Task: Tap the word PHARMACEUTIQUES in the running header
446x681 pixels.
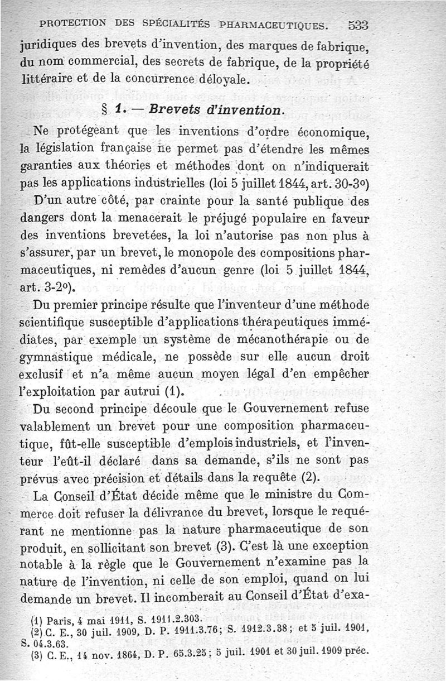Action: pyautogui.click(x=273, y=25)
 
